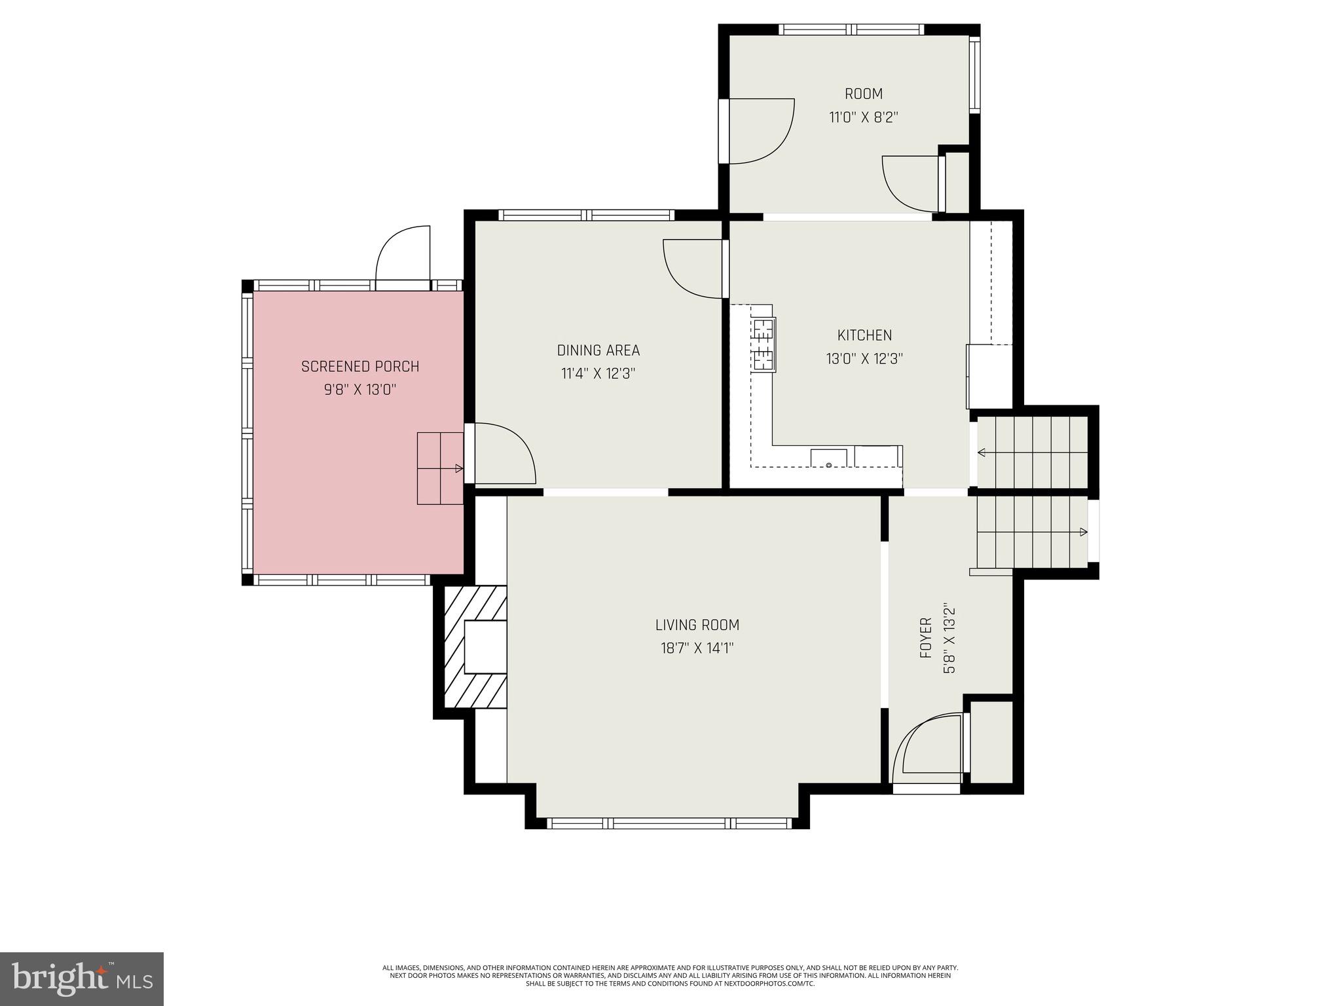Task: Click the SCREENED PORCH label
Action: click(x=359, y=367)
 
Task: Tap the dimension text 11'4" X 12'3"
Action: click(x=598, y=374)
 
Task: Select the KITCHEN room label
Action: click(x=864, y=335)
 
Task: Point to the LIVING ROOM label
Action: click(x=697, y=625)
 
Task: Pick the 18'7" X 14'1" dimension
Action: click(x=697, y=648)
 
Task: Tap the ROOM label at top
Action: click(x=863, y=94)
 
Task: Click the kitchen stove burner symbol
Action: click(x=763, y=345)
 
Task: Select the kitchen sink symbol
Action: click(x=828, y=458)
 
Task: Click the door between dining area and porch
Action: click(x=501, y=454)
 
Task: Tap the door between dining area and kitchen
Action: click(x=694, y=269)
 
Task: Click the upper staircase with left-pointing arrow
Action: click(x=1031, y=453)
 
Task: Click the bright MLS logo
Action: click(x=82, y=978)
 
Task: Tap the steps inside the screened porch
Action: click(x=439, y=468)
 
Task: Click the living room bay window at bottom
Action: click(x=669, y=823)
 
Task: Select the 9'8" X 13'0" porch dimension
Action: click(x=359, y=390)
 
